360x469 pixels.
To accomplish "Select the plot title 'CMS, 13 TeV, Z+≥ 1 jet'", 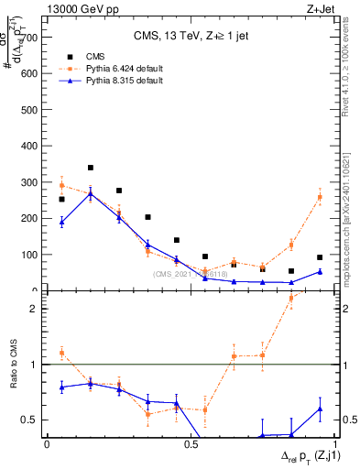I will click(190, 37).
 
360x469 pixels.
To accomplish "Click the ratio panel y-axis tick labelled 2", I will click(36, 309).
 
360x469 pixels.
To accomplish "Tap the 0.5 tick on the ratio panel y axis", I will click(32, 420).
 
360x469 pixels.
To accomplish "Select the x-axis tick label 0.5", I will click(190, 444).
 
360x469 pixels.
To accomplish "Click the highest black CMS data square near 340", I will click(91, 168).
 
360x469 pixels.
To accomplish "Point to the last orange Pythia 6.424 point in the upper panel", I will click(320, 197).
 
